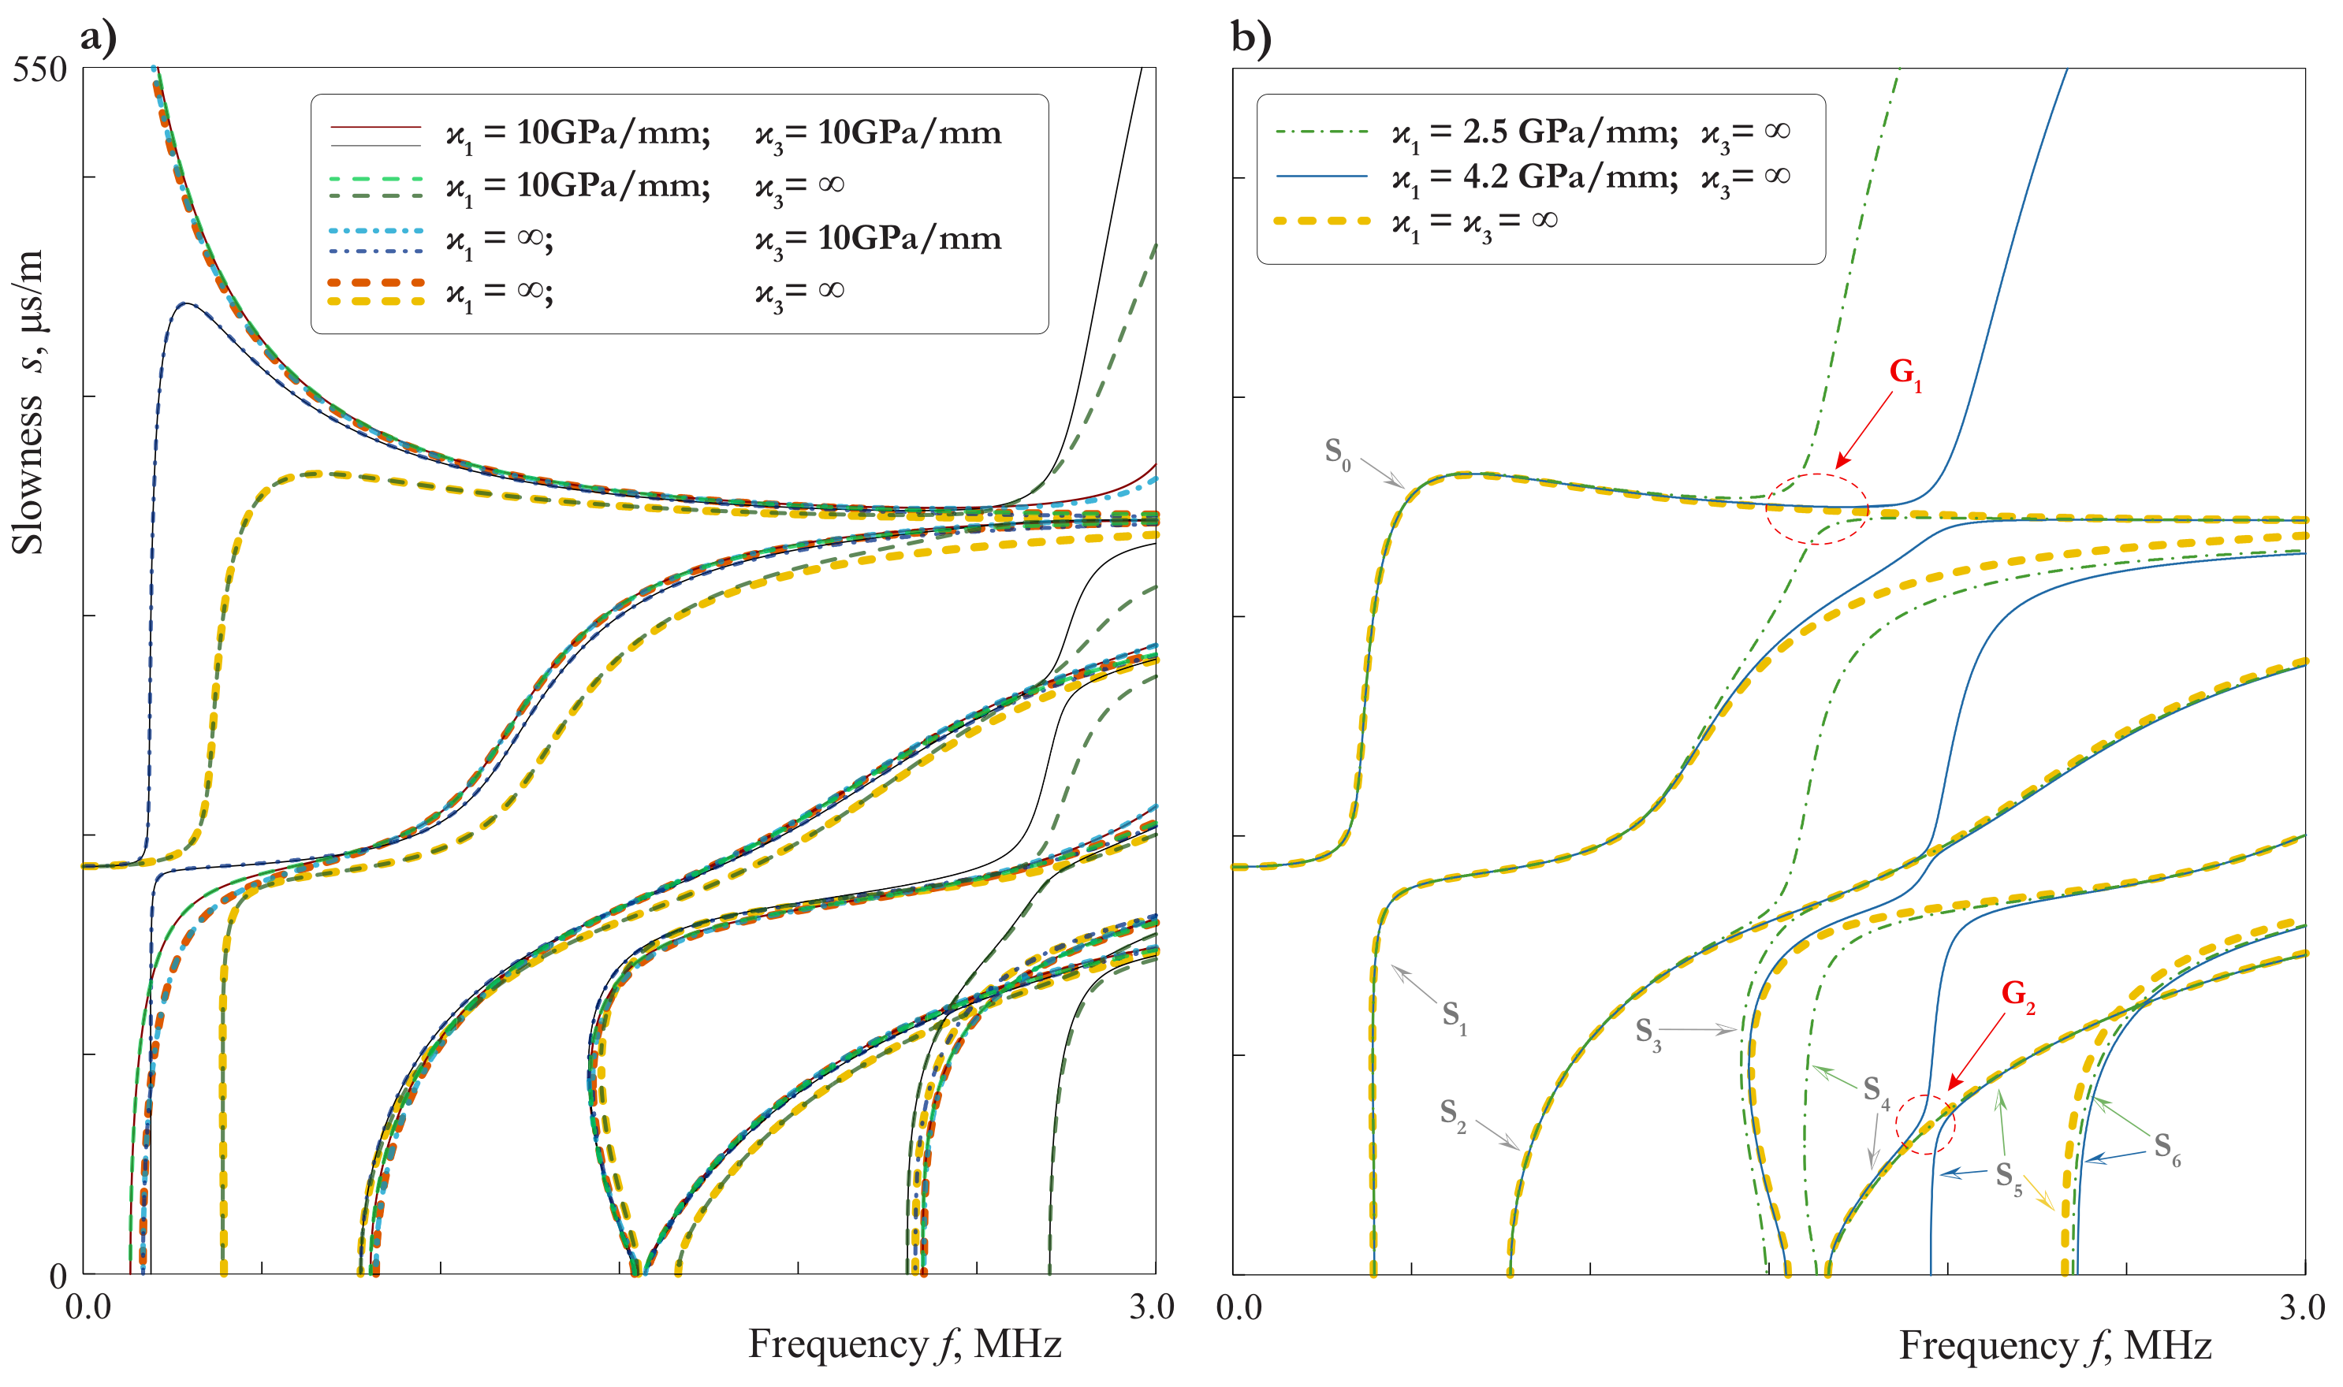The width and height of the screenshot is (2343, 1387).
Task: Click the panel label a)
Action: pos(99,39)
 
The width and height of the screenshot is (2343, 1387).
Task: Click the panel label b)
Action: pos(1250,39)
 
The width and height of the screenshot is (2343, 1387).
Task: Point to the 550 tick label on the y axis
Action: pos(40,70)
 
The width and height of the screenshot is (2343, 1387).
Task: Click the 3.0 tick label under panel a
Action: pos(1151,1307)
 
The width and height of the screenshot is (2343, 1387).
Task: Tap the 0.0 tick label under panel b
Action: pos(1239,1307)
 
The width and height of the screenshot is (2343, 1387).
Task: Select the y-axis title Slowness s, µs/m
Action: pos(28,402)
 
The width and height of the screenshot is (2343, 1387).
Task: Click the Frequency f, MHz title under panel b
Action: pos(2054,1346)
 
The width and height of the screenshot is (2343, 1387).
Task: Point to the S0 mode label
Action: pos(1337,453)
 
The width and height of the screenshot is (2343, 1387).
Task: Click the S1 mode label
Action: pos(1454,1016)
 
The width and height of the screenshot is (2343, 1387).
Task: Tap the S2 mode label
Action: pos(1452,1114)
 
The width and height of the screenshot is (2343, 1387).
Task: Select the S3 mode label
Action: pos(1648,1033)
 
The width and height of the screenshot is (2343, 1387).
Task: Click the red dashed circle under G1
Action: pos(1816,508)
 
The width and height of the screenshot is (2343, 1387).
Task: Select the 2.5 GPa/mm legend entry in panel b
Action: pos(1533,132)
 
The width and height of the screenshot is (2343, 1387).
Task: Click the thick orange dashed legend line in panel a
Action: pos(376,282)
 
